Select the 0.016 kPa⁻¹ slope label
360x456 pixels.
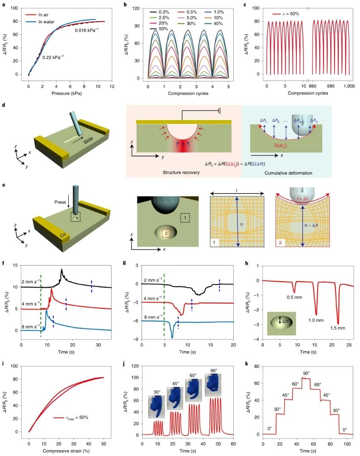click(87, 31)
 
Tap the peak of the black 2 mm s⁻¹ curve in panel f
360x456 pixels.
click(62, 269)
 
